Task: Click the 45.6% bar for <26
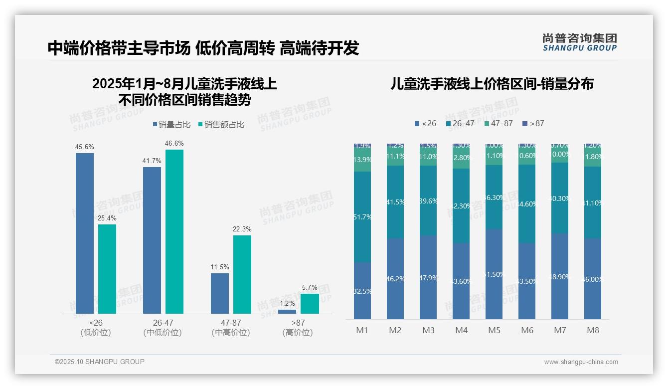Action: pyautogui.click(x=85, y=233)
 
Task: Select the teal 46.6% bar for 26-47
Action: pyautogui.click(x=174, y=231)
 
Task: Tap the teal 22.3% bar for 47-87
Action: pyautogui.click(x=242, y=274)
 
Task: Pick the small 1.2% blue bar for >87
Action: pyautogui.click(x=287, y=311)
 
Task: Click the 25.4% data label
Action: pyautogui.click(x=107, y=218)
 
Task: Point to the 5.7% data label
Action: pyautogui.click(x=310, y=288)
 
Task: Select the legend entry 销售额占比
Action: pyautogui.click(x=220, y=125)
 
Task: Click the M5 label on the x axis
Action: pyautogui.click(x=494, y=330)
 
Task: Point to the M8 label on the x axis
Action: pyautogui.click(x=593, y=330)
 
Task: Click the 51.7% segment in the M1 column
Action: pyautogui.click(x=362, y=217)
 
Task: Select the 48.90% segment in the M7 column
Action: pyautogui.click(x=560, y=276)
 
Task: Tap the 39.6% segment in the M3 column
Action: pyautogui.click(x=428, y=201)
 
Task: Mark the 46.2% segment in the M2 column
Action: pyautogui.click(x=395, y=278)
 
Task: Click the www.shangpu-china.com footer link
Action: pyautogui.click(x=581, y=362)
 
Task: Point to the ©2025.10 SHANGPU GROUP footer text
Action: pyautogui.click(x=100, y=362)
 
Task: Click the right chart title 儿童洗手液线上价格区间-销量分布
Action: pyautogui.click(x=492, y=84)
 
